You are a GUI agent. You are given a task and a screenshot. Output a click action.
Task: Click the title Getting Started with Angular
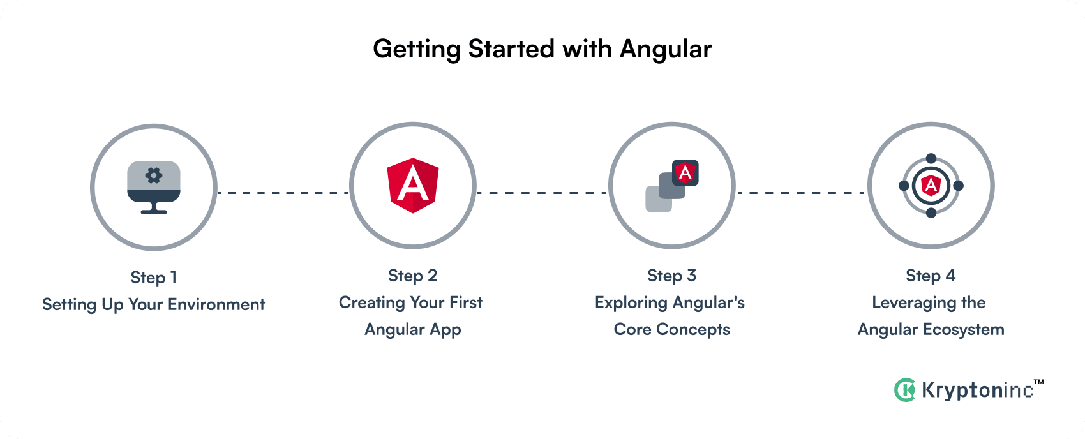(542, 49)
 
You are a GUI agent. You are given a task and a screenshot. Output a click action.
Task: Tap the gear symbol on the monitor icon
(154, 175)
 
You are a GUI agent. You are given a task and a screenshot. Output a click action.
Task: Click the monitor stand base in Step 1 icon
(154, 211)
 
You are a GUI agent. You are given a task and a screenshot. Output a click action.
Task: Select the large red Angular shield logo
(413, 186)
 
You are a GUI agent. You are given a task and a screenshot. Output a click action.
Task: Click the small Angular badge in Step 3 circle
(685, 173)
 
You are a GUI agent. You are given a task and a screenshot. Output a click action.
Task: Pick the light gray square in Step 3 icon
(659, 199)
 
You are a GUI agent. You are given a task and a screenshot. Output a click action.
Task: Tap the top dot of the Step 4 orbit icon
(931, 158)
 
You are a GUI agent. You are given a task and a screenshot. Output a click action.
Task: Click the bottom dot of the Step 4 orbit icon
(931, 212)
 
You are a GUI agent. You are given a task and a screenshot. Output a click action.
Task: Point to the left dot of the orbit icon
(904, 186)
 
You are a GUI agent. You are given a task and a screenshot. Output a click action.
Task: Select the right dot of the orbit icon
(958, 186)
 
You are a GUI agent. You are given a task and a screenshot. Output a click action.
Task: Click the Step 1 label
(154, 278)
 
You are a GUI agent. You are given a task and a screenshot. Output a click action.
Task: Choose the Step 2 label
(413, 276)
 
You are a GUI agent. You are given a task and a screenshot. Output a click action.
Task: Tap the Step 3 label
(672, 276)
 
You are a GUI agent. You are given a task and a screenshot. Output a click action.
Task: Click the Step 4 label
(931, 276)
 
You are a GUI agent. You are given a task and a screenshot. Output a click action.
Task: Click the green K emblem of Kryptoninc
(904, 390)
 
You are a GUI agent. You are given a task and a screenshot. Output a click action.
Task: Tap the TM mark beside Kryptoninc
(1038, 382)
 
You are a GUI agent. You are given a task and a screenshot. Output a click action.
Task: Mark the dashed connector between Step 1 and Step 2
(283, 193)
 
